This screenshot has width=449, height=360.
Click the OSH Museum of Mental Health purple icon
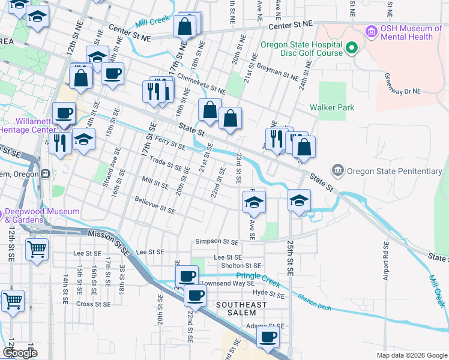tap(372, 31)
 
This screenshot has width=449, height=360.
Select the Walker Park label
tap(331, 108)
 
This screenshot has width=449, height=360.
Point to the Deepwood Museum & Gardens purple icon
tap(1, 214)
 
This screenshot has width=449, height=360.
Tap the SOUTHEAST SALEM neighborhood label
tap(241, 309)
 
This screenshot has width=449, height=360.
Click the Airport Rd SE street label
tap(386, 262)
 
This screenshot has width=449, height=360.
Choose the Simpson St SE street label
tap(217, 242)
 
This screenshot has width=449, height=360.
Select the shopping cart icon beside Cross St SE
tap(12, 301)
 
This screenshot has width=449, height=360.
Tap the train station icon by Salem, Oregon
tap(45, 173)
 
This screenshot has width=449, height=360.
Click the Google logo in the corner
tap(20, 353)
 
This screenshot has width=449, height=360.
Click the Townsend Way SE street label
tap(228, 283)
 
